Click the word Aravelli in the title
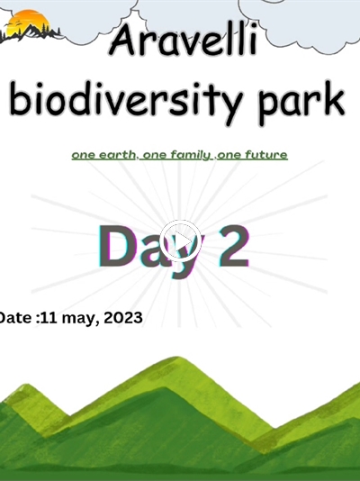coord(183,41)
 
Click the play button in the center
coord(180,241)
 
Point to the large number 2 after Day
coord(233,246)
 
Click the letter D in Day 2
coord(115,246)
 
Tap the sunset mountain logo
coord(30,26)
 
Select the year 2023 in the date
coord(123,318)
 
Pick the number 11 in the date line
coord(49,318)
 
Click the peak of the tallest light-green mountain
coord(177,357)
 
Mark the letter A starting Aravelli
coord(122,41)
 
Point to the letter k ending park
coord(334,98)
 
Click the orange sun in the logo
coord(28,22)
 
